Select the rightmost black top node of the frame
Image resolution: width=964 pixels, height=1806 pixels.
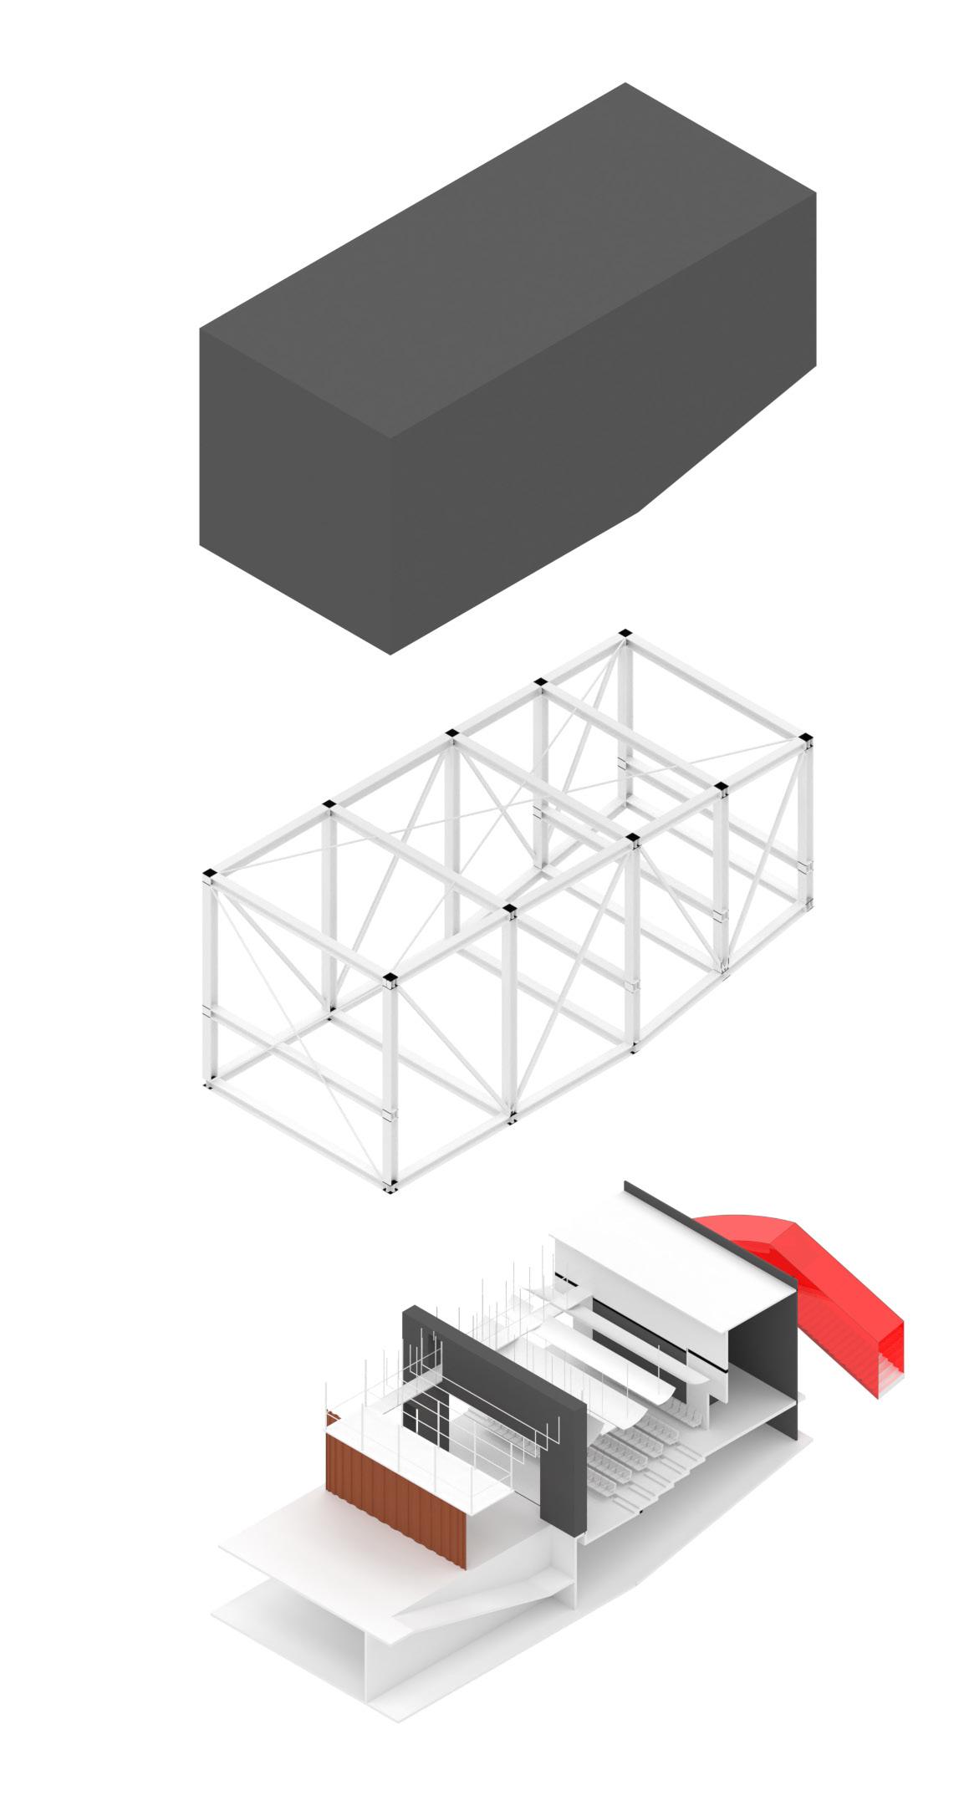(806, 737)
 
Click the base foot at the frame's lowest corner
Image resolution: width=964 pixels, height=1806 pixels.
(390, 1186)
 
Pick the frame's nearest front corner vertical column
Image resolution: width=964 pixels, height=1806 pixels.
(390, 1087)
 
